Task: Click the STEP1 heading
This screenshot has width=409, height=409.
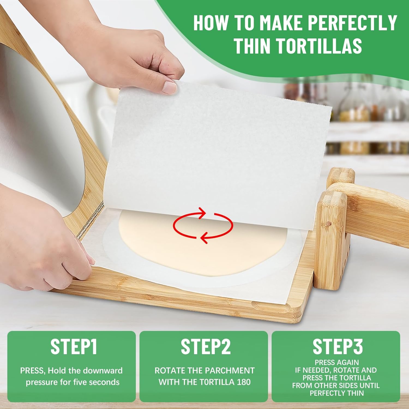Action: [74, 347]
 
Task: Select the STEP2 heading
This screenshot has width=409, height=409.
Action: [206, 347]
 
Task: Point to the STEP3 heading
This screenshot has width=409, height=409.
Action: [338, 347]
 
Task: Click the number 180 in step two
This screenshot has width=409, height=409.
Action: [243, 382]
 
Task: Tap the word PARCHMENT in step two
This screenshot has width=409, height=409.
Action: [230, 371]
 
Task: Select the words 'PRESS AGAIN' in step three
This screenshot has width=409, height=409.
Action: [337, 362]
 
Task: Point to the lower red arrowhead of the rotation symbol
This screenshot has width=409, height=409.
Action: [204, 237]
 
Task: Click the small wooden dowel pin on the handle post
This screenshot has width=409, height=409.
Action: [329, 224]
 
